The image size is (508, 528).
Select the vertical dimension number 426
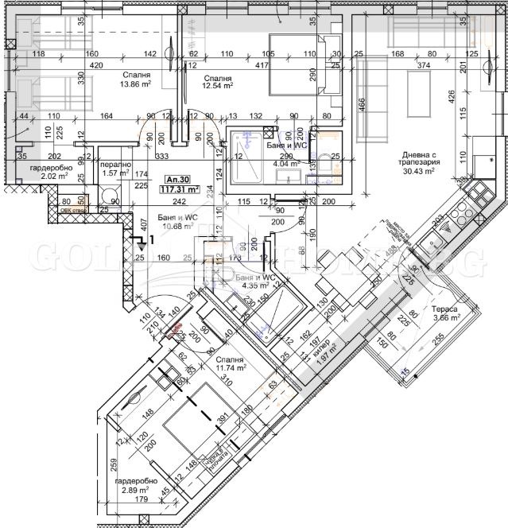pos(451,97)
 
